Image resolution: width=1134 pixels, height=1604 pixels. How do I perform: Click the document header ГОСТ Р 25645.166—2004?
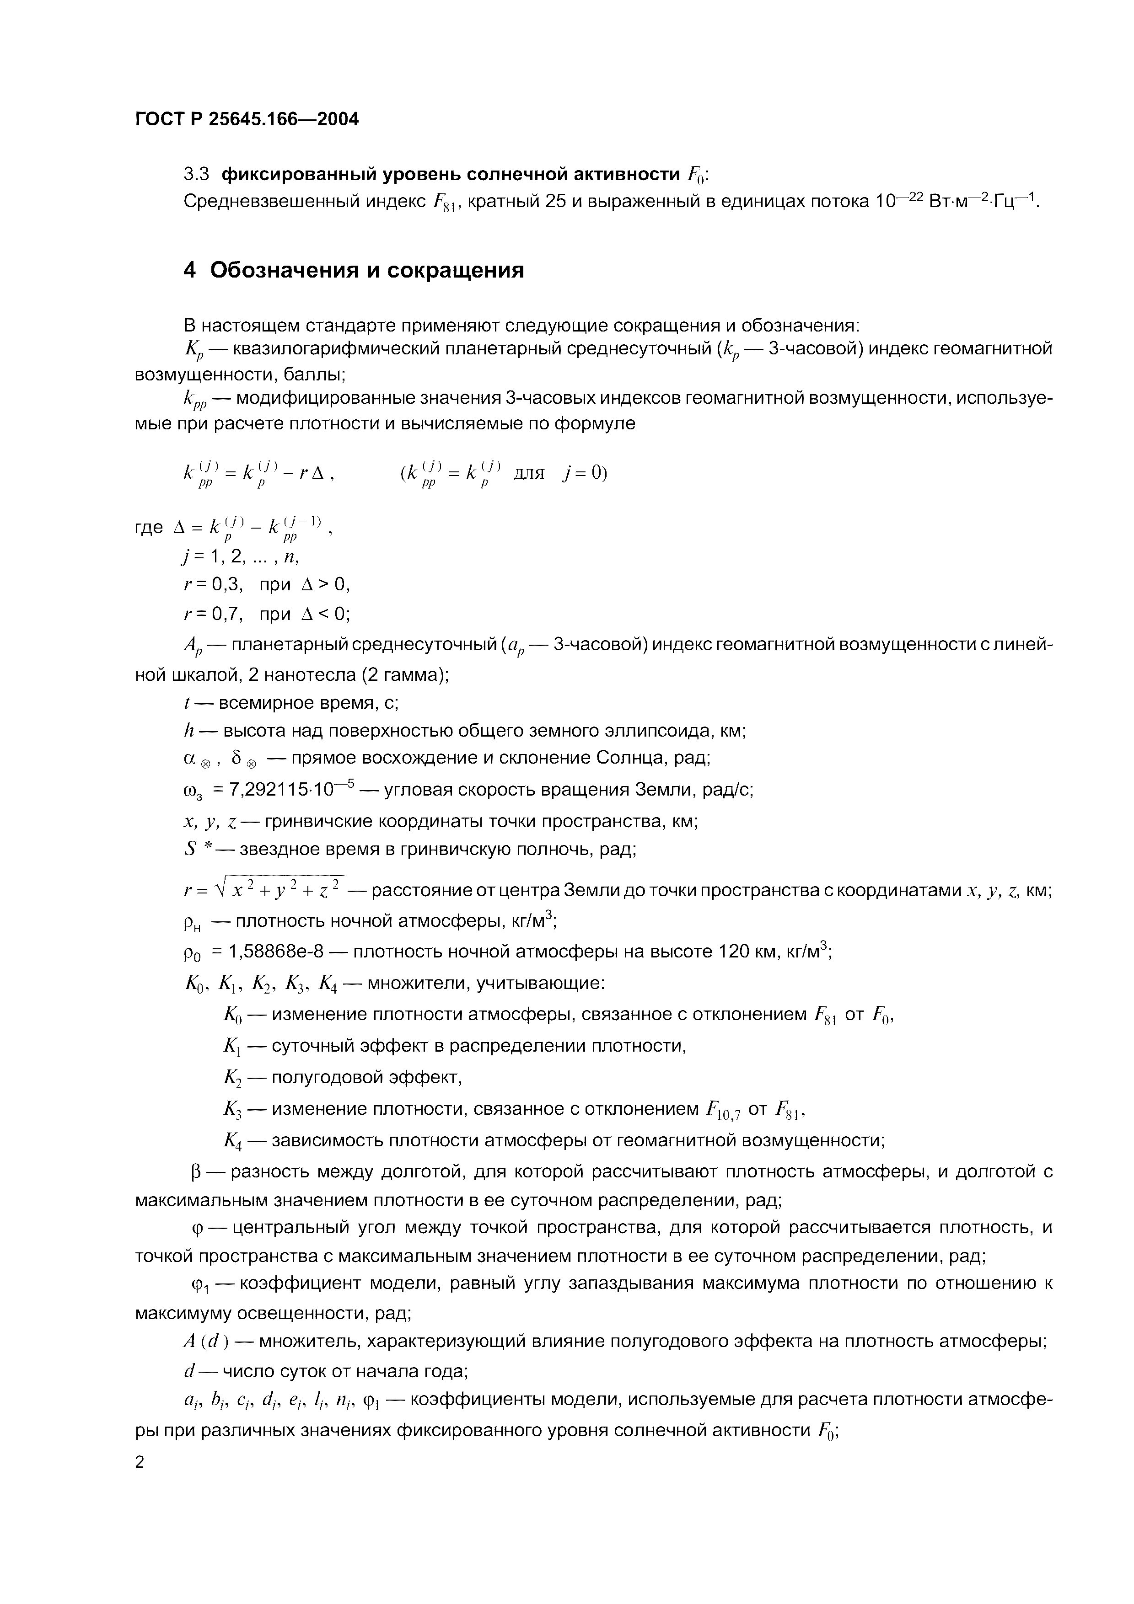click(x=247, y=119)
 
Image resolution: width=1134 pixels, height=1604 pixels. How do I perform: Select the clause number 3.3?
click(x=196, y=174)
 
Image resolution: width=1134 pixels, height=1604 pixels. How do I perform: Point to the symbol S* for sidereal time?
click(x=199, y=850)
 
